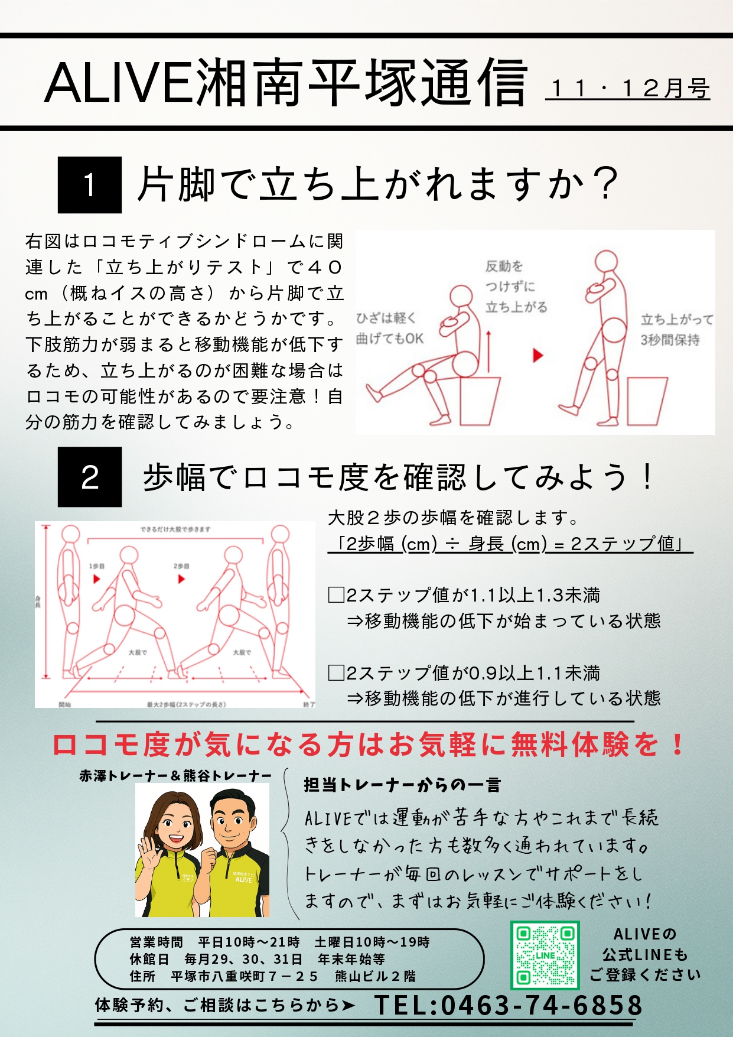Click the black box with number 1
pyautogui.click(x=90, y=185)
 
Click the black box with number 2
pyautogui.click(x=90, y=477)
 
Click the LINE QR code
pyautogui.click(x=545, y=955)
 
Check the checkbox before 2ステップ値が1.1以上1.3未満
pyautogui.click(x=336, y=594)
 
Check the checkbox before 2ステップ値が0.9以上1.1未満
pyautogui.click(x=336, y=672)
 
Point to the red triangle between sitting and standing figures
pyautogui.click(x=537, y=355)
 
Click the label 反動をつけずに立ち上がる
pyautogui.click(x=515, y=287)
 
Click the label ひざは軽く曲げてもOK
pyautogui.click(x=389, y=329)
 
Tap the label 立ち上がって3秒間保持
pyautogui.click(x=676, y=330)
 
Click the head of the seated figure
pyautogui.click(x=461, y=297)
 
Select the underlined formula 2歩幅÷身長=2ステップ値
pyautogui.click(x=510, y=544)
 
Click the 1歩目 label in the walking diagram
pyautogui.click(x=97, y=566)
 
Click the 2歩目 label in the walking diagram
pyautogui.click(x=181, y=566)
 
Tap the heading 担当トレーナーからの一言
pyautogui.click(x=402, y=785)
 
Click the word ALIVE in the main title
pyautogui.click(x=118, y=83)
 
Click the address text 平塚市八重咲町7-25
pyautogui.click(x=245, y=976)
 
